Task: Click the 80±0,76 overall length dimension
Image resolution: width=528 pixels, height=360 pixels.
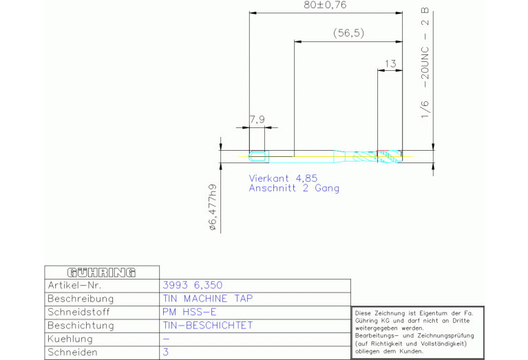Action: (325, 5)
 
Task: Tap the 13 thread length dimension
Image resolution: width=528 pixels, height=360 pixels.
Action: (390, 63)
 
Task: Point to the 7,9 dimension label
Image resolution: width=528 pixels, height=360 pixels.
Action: (257, 120)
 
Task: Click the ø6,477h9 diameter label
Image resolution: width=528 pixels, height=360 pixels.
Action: (213, 207)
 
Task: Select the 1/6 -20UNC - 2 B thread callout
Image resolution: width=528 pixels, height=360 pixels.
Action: (425, 63)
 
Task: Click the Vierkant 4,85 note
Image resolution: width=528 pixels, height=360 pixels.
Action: (283, 178)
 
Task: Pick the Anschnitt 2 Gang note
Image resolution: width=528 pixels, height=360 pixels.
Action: (294, 188)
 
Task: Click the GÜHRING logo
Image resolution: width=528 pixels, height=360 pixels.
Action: (101, 273)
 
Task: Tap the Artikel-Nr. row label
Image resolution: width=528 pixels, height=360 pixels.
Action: (74, 286)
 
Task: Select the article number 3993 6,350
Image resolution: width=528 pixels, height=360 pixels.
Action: (193, 285)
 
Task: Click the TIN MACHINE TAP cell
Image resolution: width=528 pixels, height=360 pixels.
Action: (208, 299)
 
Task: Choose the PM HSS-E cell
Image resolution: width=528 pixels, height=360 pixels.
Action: (189, 313)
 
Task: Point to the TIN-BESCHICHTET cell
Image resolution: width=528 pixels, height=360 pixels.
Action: (208, 326)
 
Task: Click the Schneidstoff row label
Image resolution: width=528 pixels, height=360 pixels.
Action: (78, 313)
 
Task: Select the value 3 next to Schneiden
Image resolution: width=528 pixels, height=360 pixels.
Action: (166, 352)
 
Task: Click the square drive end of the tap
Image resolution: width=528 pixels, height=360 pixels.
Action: (259, 156)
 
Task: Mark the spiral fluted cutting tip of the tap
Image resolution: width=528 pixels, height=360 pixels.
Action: (390, 156)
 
